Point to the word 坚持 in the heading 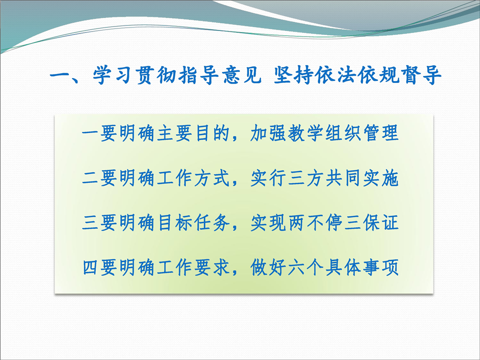pos(293,75)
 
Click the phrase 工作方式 pos(193,178)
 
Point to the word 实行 pos(268,178)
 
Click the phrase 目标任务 pos(193,223)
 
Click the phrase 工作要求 pos(193,267)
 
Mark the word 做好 pos(268,267)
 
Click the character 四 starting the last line pos(91,267)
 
